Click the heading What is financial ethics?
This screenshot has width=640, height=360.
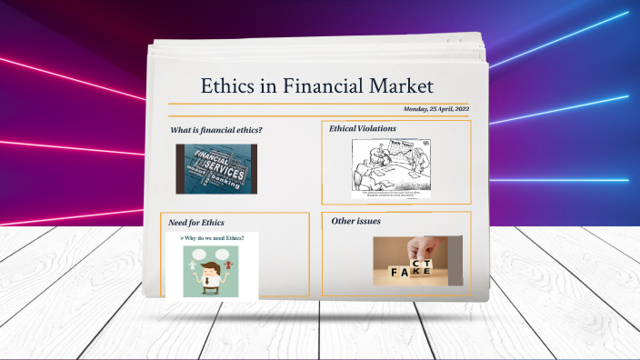216,130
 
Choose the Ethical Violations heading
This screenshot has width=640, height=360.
363,128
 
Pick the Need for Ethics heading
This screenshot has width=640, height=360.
196,222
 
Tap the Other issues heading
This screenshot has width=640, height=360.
355,221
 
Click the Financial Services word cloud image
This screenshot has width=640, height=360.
216,169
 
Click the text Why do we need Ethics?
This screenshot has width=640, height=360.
213,238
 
